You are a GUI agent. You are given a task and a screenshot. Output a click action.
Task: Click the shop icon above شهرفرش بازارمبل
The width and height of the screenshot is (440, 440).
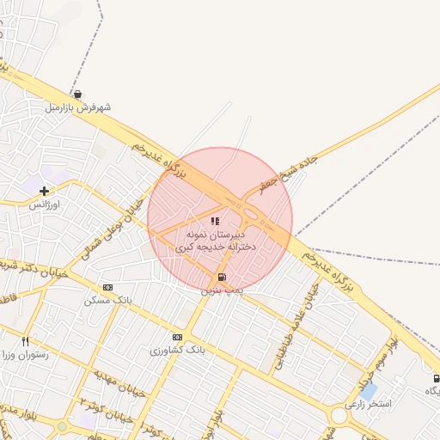78,95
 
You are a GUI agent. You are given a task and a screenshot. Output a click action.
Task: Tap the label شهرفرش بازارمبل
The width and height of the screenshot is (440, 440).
78,108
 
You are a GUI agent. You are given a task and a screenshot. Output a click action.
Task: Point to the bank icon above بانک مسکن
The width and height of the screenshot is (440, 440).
107,287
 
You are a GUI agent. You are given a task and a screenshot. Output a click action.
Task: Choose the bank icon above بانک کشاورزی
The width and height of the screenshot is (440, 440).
178,337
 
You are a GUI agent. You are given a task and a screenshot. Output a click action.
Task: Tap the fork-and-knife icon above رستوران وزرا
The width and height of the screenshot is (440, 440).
26,341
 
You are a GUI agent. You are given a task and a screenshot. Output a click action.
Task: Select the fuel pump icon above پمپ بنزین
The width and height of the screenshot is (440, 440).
223,277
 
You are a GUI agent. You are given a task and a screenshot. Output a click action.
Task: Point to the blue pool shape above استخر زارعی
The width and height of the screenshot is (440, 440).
369,390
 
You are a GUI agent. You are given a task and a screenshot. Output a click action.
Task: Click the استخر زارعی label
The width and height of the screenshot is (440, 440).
368,403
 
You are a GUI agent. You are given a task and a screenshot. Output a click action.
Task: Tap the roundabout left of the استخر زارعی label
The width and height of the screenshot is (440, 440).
338,416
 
